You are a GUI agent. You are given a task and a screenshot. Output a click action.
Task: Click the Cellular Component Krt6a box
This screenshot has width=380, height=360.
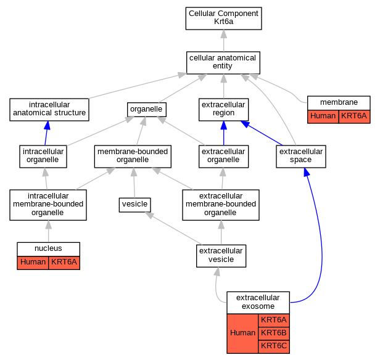click(223, 18)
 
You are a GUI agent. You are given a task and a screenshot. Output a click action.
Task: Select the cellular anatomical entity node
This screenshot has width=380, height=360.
click(223, 63)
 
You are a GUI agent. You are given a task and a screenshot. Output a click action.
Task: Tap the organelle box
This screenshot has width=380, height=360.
click(147, 110)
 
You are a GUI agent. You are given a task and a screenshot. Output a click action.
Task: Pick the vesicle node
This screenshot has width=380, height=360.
click(134, 205)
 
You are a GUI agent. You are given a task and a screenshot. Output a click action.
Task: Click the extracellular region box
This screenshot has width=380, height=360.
click(223, 110)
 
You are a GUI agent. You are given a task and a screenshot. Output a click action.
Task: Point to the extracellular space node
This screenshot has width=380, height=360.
click(301, 157)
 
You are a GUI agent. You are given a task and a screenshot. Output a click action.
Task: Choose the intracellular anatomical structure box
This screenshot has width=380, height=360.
click(49, 110)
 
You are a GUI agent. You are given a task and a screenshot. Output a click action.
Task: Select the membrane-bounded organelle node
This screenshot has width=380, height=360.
click(133, 157)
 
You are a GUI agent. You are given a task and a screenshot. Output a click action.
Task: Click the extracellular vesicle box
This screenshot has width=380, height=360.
click(221, 256)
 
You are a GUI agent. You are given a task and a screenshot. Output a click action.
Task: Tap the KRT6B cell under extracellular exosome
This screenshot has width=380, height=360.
click(274, 333)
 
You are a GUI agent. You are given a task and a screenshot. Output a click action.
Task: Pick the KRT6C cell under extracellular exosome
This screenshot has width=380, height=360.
click(274, 346)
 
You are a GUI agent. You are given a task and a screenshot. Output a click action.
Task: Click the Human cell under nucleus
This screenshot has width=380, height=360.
click(33, 263)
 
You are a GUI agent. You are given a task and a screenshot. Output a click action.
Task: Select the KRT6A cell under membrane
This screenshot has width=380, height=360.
click(354, 117)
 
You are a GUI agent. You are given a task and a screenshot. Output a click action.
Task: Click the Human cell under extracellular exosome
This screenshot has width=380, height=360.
click(242, 333)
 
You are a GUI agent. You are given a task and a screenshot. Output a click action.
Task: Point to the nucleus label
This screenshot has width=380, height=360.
click(48, 248)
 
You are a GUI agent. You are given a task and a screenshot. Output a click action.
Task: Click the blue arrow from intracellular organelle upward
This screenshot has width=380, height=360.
click(46, 133)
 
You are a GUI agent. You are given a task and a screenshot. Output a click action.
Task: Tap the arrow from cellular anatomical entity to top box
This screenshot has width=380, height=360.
click(224, 41)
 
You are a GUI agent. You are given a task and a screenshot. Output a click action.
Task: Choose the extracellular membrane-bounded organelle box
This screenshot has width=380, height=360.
click(221, 205)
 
